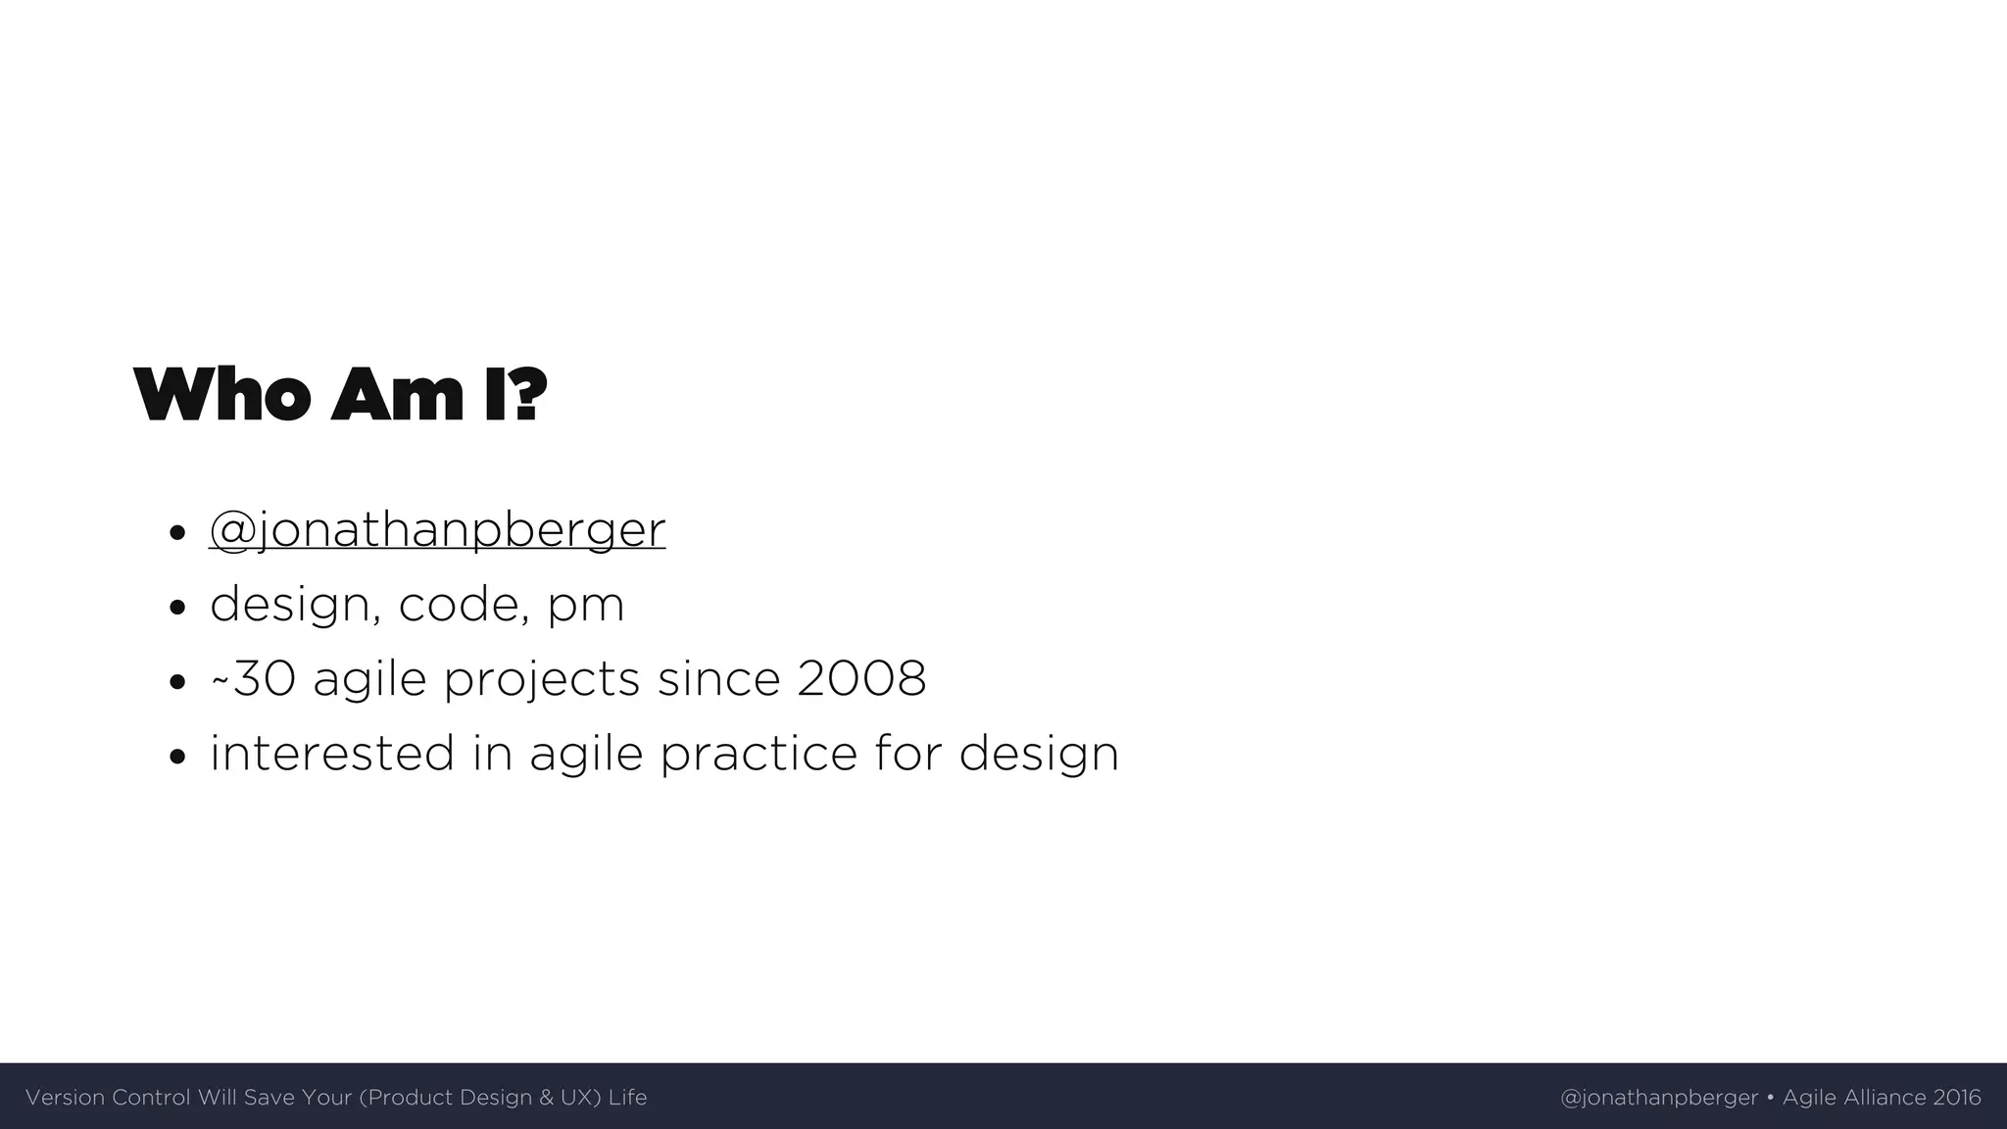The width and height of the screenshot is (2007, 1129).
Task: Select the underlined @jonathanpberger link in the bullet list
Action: (x=437, y=529)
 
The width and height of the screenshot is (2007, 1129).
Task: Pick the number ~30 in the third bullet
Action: (x=253, y=678)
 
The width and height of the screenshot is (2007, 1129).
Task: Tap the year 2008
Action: (x=861, y=678)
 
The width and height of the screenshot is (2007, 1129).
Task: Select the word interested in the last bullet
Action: (x=332, y=754)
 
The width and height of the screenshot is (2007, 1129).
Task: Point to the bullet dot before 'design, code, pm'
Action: (x=176, y=608)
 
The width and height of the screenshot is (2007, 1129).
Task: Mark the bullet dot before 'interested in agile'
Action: (x=176, y=757)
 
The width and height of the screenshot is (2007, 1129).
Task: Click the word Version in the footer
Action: (x=65, y=1098)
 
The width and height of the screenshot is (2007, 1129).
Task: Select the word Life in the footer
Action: (x=627, y=1098)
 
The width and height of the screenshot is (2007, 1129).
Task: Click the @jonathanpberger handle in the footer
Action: (x=1658, y=1098)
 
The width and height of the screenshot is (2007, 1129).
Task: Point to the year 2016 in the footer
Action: (x=1956, y=1098)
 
